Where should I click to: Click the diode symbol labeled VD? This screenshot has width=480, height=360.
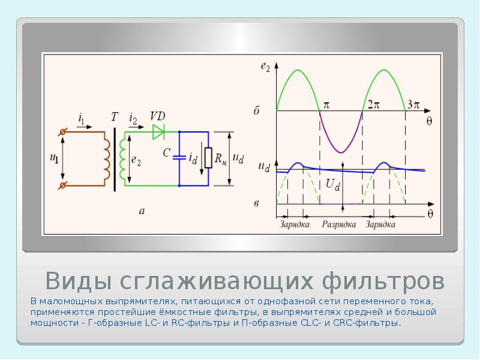159,130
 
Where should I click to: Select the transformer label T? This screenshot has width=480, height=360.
114,117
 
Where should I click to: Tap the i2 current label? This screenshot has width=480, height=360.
133,121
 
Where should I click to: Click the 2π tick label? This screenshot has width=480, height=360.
374,104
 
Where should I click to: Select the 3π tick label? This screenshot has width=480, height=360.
413,104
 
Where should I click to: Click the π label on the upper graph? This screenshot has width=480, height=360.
326,104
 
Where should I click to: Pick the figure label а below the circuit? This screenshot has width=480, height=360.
142,211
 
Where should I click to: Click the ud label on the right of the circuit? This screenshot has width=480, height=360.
238,159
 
